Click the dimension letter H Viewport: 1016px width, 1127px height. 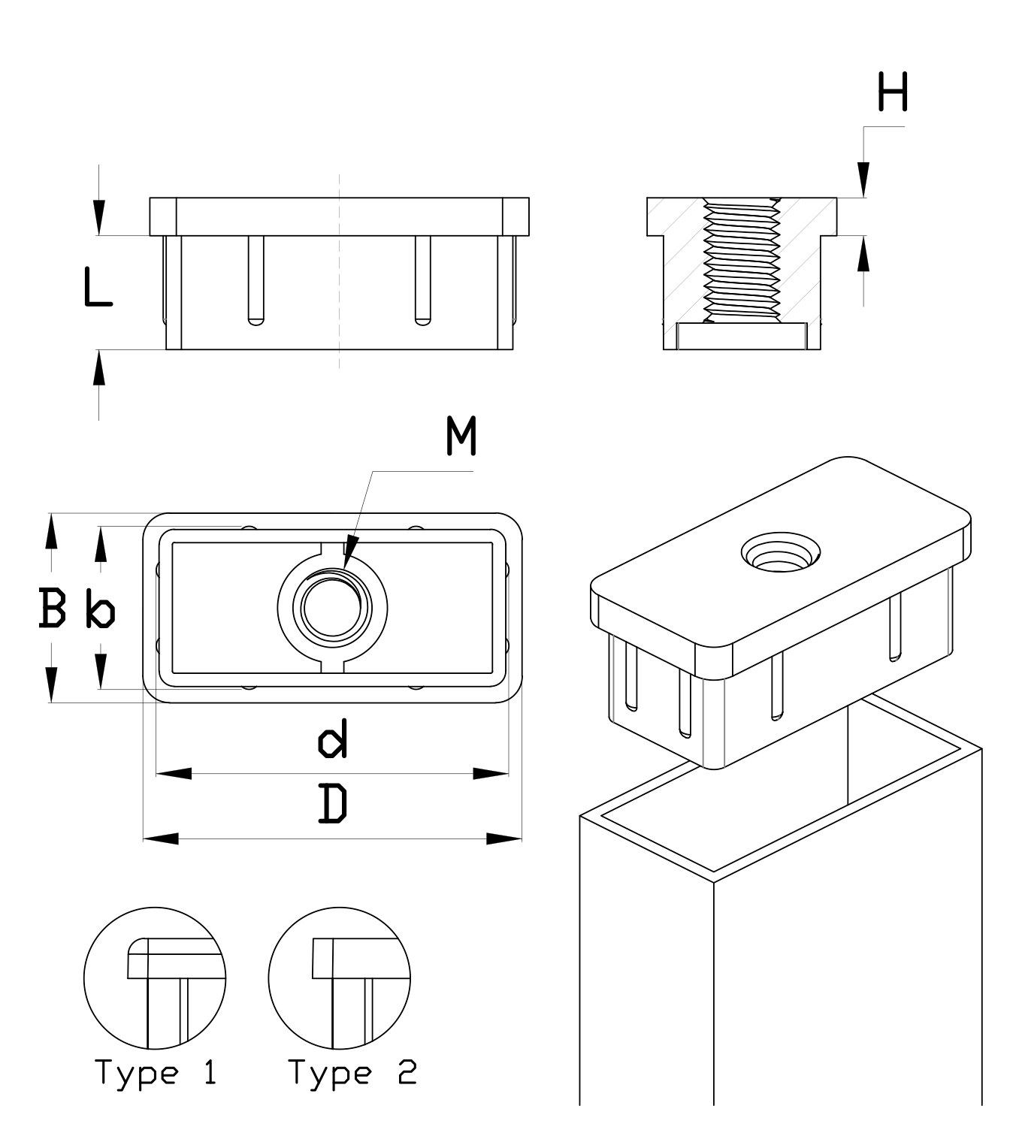[x=893, y=92]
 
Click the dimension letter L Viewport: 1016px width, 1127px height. [x=97, y=287]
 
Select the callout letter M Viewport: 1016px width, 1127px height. [x=461, y=437]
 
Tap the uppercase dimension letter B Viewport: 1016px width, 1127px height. [x=52, y=608]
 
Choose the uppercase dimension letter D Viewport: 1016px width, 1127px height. [x=333, y=803]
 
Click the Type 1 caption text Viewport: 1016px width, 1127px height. [x=156, y=1072]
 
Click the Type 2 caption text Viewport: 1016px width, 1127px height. [x=352, y=1072]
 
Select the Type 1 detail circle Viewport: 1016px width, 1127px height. [x=155, y=977]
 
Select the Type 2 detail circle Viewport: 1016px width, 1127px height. [x=340, y=977]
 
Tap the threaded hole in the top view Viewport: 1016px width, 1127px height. [x=332, y=607]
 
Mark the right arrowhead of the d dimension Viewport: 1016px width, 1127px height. [x=491, y=773]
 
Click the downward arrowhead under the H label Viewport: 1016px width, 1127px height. [x=864, y=180]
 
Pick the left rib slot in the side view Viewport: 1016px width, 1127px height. [x=256, y=279]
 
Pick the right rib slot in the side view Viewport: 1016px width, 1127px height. [x=423, y=279]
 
